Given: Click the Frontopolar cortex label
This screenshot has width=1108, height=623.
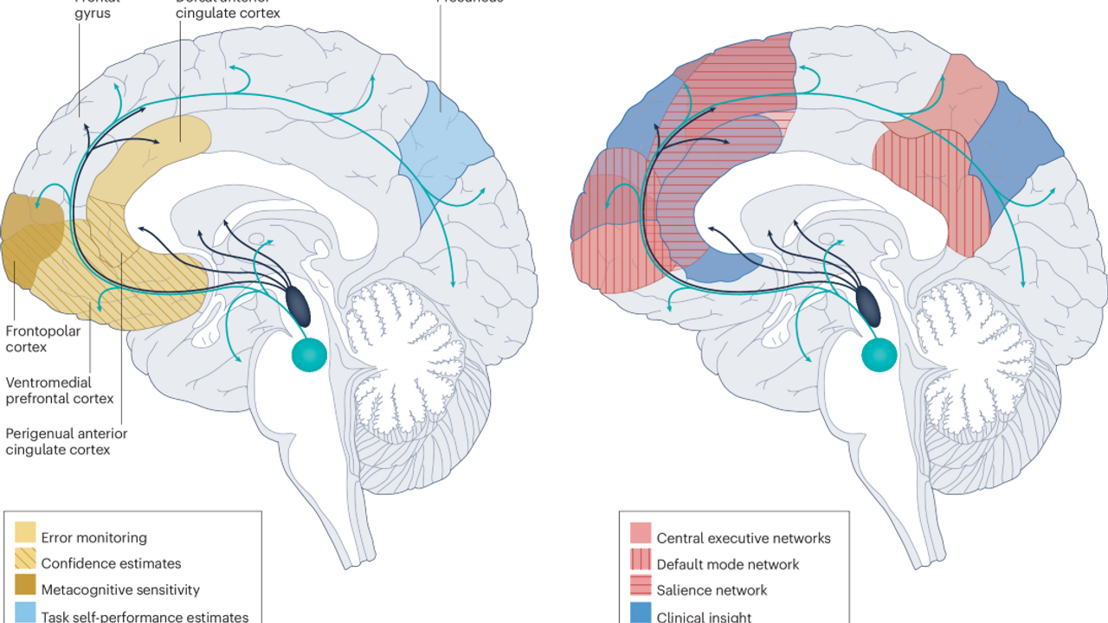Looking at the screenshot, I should click(39, 338).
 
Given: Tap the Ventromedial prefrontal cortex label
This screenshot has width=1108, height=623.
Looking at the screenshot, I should click(60, 390).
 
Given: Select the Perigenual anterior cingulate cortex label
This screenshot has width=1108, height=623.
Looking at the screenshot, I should click(67, 441).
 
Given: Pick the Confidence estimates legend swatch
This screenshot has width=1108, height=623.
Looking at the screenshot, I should click(26, 563).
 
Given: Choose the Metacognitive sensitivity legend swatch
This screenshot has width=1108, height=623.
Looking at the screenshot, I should click(26, 590).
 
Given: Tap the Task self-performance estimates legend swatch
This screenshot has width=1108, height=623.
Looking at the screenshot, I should click(26, 615).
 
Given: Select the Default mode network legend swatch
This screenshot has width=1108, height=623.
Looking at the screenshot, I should click(641, 564).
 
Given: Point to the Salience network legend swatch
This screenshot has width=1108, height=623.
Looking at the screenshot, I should click(641, 590).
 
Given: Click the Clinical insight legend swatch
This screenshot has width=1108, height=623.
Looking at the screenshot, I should click(641, 615).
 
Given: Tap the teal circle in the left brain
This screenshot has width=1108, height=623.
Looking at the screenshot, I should click(309, 353).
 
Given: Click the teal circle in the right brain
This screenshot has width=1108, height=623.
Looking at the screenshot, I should click(880, 353).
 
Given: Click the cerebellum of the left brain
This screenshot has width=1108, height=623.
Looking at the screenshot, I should click(400, 363).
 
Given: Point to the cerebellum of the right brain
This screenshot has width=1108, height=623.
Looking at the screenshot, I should click(971, 363).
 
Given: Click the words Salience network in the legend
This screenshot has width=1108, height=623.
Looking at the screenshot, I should click(712, 590).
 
